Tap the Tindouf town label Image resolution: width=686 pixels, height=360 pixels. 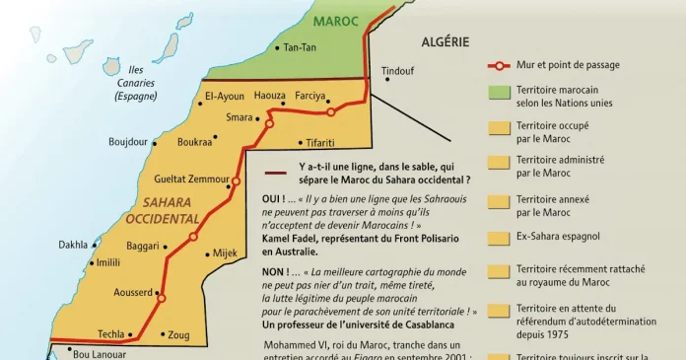pos(397,70)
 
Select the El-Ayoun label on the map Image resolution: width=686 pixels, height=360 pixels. pos(223,96)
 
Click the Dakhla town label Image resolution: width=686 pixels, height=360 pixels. pos(73,244)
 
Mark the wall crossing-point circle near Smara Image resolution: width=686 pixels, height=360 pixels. pos(268,123)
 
